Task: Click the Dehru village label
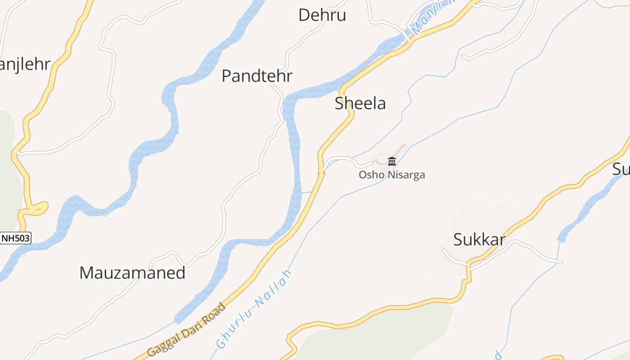[322, 15]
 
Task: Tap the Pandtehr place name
[257, 76]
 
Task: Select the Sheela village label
[360, 103]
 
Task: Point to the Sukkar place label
[479, 240]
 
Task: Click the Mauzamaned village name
[132, 273]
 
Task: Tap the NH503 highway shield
[16, 238]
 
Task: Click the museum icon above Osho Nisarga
[391, 162]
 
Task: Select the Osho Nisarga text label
[391, 175]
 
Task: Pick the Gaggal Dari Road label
[187, 330]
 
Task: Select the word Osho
[369, 175]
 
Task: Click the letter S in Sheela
[339, 103]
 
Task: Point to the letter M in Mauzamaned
[86, 273]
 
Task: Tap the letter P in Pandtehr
[226, 76]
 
